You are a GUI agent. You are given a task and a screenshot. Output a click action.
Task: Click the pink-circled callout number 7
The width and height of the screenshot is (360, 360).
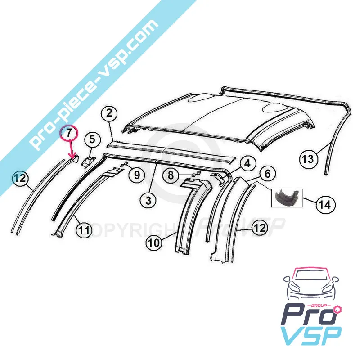click(x=69, y=134)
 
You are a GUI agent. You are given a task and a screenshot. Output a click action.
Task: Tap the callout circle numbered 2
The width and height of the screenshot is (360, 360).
click(x=109, y=114)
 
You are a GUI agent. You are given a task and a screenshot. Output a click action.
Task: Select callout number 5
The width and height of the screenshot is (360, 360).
click(x=92, y=139)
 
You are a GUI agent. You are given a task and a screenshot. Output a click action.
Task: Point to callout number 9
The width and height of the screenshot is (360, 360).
click(x=137, y=175)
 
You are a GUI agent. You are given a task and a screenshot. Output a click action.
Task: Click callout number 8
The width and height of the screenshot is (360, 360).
click(x=171, y=175)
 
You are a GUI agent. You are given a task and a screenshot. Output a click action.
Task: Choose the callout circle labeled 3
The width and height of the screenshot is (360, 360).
click(x=148, y=200)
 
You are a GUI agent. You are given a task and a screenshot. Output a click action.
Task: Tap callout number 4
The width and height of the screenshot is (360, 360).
click(x=247, y=163)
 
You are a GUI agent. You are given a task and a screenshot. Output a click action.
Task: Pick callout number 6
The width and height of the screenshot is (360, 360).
click(x=268, y=174)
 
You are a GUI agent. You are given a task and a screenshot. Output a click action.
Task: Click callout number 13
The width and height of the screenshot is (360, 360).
click(x=308, y=159)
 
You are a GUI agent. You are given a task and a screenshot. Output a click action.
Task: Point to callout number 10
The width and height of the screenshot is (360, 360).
click(x=154, y=243)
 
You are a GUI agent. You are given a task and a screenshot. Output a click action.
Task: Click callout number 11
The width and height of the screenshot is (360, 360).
click(x=84, y=229)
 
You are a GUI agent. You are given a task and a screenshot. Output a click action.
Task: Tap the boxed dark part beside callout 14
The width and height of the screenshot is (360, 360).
click(x=288, y=198)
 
